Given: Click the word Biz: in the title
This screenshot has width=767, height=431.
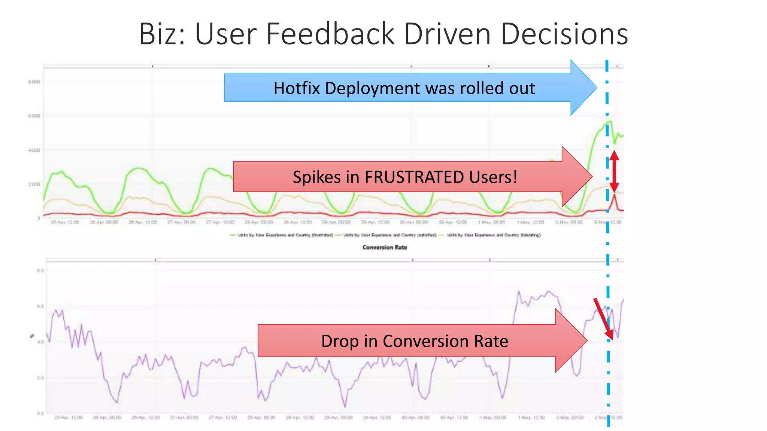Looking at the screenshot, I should (162, 34).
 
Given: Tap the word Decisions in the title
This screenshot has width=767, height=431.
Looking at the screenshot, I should (564, 34).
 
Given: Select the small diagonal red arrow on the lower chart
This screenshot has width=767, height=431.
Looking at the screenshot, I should (603, 319).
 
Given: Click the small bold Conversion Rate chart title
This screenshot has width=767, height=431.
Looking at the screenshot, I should (385, 247).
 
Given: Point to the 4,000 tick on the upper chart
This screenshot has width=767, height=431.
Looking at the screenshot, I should (34, 150).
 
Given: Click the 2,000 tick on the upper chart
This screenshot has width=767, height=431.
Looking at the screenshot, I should (34, 184).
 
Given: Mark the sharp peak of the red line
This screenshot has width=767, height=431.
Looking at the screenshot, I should (614, 195).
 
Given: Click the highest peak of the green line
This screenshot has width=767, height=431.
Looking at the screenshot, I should (610, 121).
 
